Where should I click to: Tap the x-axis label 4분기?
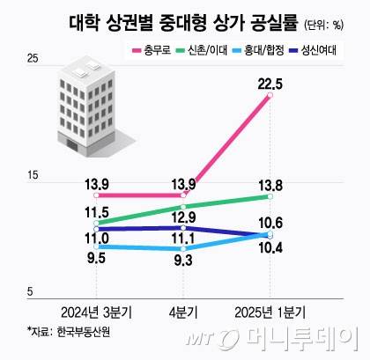coord(182,312)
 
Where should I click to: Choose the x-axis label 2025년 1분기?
coord(270,312)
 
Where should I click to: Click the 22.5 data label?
coord(270,84)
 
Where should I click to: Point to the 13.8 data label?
coord(270,185)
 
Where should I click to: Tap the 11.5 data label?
coord(96,212)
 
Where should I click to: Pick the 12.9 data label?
coord(182,217)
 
